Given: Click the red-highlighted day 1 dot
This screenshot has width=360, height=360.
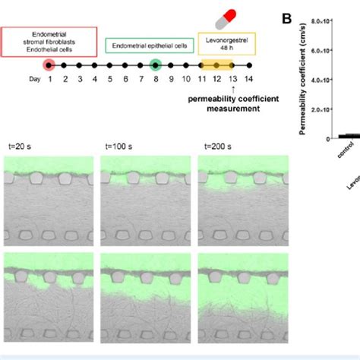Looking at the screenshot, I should (x=49, y=66).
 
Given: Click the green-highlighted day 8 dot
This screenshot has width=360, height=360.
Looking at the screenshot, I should (x=156, y=66).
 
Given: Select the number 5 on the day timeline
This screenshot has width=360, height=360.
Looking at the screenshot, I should (x=110, y=80).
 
